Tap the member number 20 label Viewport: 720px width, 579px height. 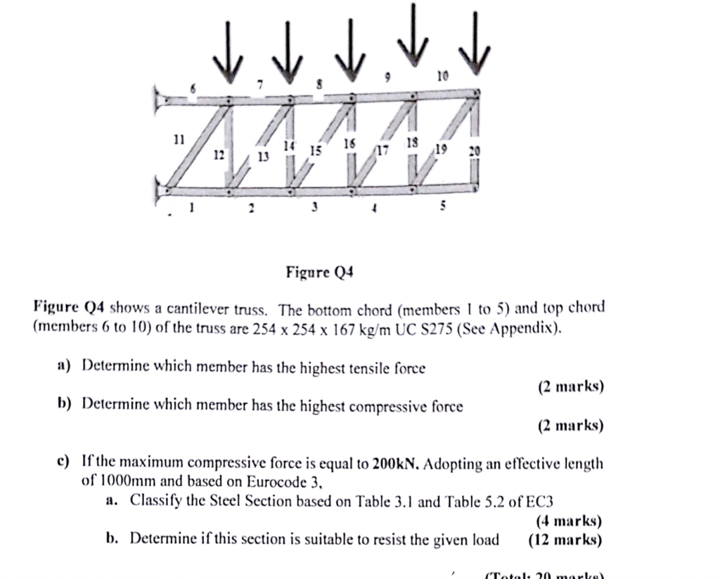coord(475,151)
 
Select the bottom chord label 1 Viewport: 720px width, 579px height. coord(190,208)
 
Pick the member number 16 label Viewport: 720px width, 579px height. coord(349,143)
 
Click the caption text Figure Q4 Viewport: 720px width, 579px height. coord(319,271)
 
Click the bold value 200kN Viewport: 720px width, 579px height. coord(396,464)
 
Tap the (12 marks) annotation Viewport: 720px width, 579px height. coord(565,540)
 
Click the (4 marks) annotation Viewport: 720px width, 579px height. coord(569,521)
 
